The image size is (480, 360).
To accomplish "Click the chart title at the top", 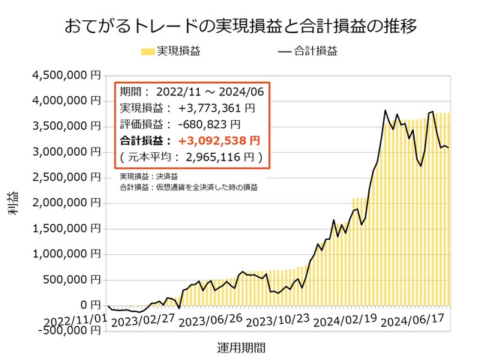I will (x=240, y=25).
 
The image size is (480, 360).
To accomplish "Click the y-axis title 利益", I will (x=14, y=204).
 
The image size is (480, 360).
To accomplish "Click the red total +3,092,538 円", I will (x=218, y=140).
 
